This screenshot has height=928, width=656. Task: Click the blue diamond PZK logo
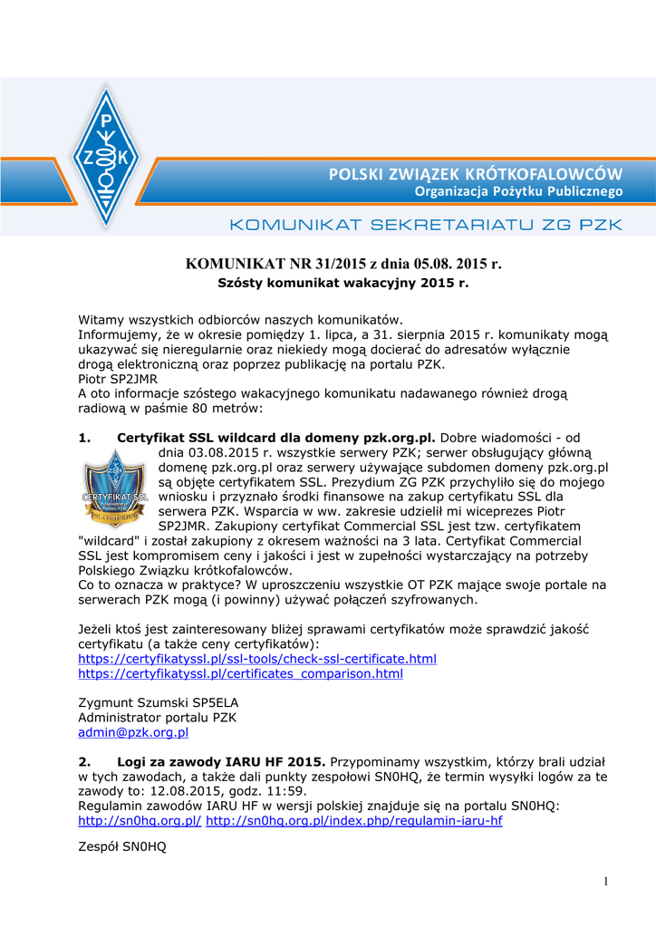pyautogui.click(x=107, y=157)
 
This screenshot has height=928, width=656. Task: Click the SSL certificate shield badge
pyautogui.click(x=115, y=493)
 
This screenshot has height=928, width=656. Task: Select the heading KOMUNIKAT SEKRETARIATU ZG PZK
pyautogui.click(x=426, y=224)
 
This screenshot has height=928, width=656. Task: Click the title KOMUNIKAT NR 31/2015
pyautogui.click(x=343, y=264)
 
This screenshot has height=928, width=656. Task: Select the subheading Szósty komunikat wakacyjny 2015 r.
pyautogui.click(x=343, y=283)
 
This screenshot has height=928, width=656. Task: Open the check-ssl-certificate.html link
pyautogui.click(x=257, y=658)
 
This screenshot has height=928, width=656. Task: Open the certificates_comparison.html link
pyautogui.click(x=240, y=673)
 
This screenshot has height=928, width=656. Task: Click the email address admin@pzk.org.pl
pyautogui.click(x=133, y=731)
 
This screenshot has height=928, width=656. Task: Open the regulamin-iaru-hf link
pyautogui.click(x=354, y=820)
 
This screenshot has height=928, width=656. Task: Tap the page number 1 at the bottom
pyautogui.click(x=605, y=881)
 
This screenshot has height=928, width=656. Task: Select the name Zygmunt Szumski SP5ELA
pyautogui.click(x=159, y=702)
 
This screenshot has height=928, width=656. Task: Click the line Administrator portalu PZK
pyautogui.click(x=157, y=717)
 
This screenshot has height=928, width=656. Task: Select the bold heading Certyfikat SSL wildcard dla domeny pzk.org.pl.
pyautogui.click(x=276, y=438)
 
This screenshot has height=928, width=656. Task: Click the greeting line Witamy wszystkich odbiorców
pyautogui.click(x=239, y=320)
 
